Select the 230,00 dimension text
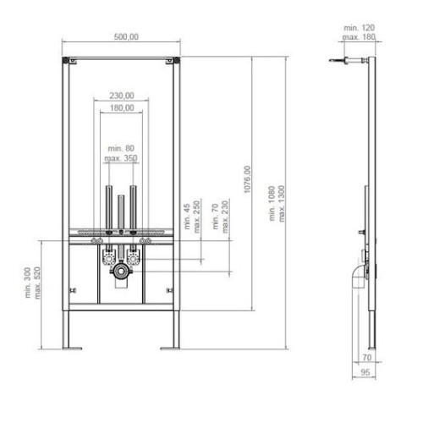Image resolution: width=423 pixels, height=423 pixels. click(x=121, y=95)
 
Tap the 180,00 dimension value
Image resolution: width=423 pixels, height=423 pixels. click(x=121, y=107)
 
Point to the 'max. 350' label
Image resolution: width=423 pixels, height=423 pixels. click(x=121, y=158)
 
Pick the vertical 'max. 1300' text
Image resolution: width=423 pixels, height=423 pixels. click(x=282, y=205)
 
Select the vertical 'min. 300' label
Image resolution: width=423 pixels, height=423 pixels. click(x=27, y=285)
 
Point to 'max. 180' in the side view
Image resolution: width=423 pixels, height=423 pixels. click(x=359, y=37)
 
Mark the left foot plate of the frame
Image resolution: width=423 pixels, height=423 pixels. click(x=72, y=347)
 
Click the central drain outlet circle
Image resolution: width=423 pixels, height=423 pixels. click(x=122, y=274)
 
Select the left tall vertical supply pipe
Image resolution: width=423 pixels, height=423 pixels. click(x=108, y=205)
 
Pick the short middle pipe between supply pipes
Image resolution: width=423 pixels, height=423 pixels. click(x=121, y=211)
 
